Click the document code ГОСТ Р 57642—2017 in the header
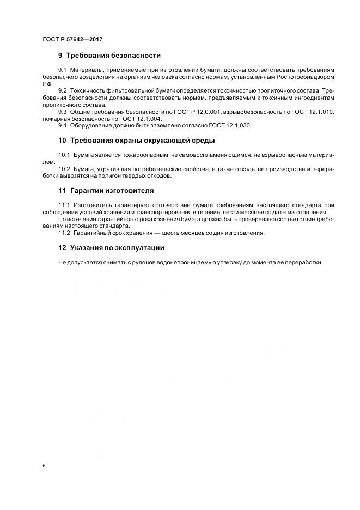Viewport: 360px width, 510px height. point(72,40)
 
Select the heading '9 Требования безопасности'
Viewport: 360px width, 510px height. point(109,56)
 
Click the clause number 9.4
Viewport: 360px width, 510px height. point(63,125)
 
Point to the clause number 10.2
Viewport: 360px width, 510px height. point(64,169)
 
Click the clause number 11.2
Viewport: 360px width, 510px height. point(64,233)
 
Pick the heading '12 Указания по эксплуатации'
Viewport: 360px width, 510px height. point(111,247)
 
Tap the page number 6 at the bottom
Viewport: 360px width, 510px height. point(43,465)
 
